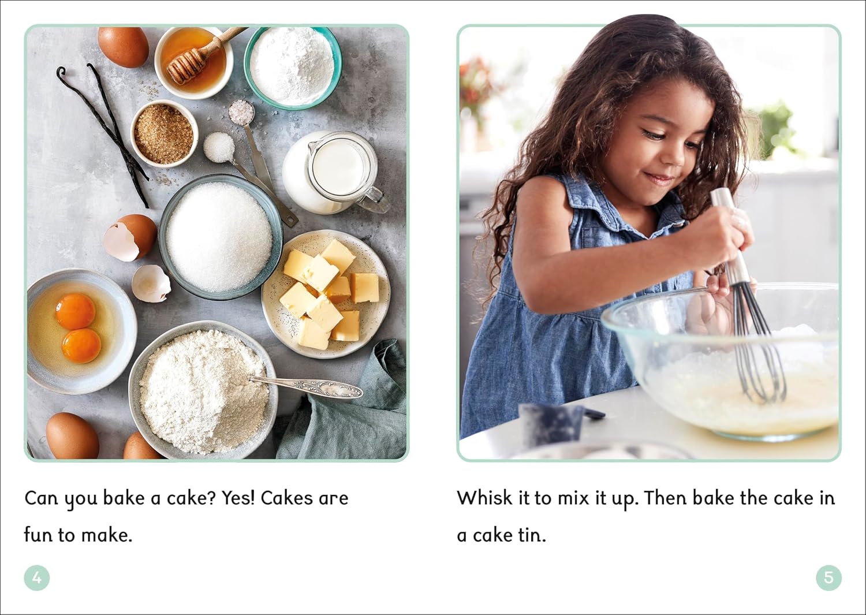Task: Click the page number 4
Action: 37,577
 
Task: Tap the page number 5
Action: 828,577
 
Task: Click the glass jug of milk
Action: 334,172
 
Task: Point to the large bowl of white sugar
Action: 221,237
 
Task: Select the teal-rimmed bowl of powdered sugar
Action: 293,66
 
